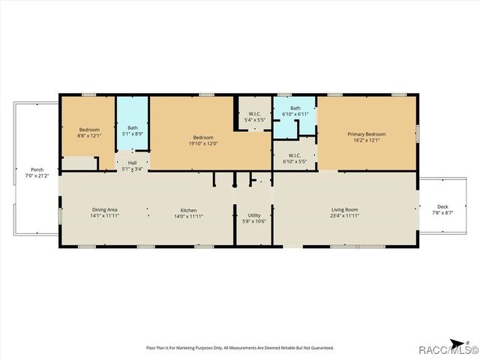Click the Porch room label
37,169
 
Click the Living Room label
345,209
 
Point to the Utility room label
254,215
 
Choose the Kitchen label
188,209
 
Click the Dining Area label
105,209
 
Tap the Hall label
132,163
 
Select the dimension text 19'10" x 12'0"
203,143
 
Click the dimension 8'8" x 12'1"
89,136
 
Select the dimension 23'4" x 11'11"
345,216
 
